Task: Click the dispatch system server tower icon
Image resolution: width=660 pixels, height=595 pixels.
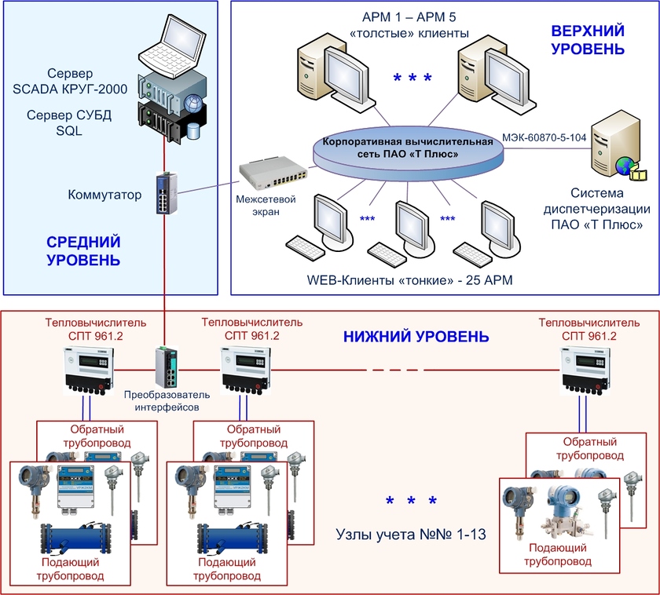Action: pyautogui.click(x=612, y=146)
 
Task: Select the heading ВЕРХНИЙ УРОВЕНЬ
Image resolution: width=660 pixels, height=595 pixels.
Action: pyautogui.click(x=588, y=40)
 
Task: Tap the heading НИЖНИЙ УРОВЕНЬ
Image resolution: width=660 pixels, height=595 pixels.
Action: pyautogui.click(x=416, y=337)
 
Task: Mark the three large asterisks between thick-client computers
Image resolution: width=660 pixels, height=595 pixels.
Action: pyautogui.click(x=412, y=78)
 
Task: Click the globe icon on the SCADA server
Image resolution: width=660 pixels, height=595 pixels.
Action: pyautogui.click(x=193, y=101)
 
